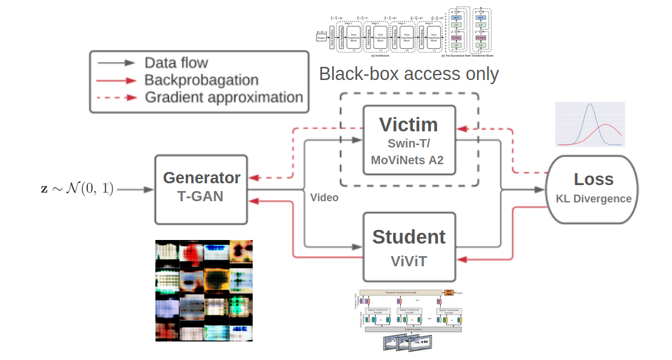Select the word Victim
409,124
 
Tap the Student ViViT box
409,247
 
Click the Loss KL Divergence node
593,188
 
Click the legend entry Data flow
176,63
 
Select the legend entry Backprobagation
201,80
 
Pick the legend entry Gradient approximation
223,97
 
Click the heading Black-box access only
409,74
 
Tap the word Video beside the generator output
324,198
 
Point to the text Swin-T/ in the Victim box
409,144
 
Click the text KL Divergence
593,199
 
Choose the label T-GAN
201,196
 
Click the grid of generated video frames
204,291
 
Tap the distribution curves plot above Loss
590,125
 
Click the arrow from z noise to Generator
134,190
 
